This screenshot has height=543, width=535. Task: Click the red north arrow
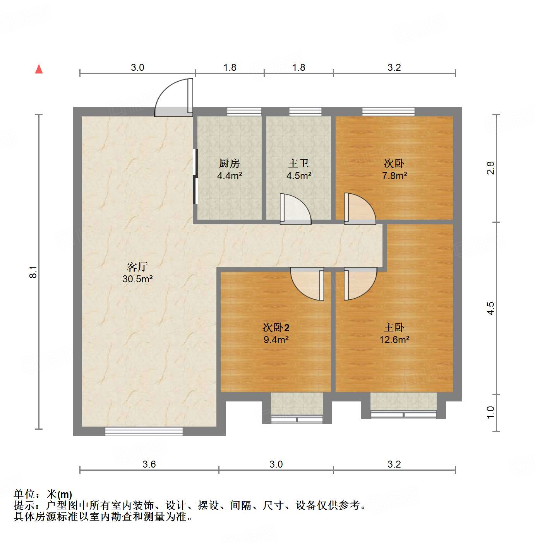[x=39, y=69]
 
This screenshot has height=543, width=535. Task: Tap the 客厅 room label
[x=137, y=267]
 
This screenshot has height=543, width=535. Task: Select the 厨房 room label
[x=230, y=164]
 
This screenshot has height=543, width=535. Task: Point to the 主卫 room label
[x=298, y=164]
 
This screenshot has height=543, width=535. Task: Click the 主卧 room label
[x=394, y=328]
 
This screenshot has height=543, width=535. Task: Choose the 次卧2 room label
[x=276, y=328]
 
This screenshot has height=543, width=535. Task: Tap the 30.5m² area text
[x=137, y=279]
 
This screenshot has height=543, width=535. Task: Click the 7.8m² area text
[x=394, y=176]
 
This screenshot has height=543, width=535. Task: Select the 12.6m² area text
[x=394, y=340]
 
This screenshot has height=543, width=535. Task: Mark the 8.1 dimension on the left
[x=34, y=272]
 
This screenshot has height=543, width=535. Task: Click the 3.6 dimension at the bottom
[x=149, y=464]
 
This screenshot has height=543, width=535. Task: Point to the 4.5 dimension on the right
[x=490, y=308]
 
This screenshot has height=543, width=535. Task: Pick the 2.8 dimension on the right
[x=490, y=168]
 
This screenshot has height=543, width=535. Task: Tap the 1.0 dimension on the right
[x=490, y=412]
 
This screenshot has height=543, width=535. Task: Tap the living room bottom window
[x=144, y=431]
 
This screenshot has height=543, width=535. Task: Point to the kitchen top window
[x=244, y=112]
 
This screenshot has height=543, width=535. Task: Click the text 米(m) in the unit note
[x=59, y=494]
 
